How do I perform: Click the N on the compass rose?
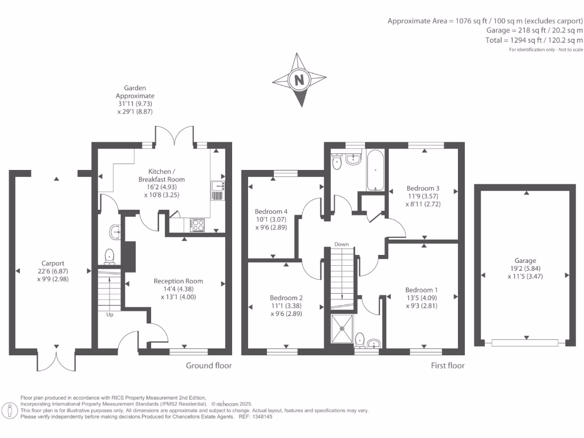[299, 79]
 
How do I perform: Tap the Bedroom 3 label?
[423, 188]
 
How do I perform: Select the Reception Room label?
[179, 281]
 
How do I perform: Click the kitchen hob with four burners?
[197, 225]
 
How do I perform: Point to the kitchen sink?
[217, 190]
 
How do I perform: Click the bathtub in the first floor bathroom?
[375, 171]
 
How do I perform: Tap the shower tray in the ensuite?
[342, 329]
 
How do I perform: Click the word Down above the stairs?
[342, 244]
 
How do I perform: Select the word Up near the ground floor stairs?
[110, 315]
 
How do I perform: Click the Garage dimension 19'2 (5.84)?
[525, 269]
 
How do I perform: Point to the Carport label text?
[53, 263]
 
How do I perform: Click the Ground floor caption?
[209, 366]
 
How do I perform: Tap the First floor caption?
[448, 366]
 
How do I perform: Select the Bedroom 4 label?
[271, 212]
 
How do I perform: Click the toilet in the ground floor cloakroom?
[109, 256]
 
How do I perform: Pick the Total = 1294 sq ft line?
[534, 40]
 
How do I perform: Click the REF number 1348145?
[262, 417]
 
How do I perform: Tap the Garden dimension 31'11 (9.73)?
[135, 104]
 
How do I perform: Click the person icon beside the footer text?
[9, 411]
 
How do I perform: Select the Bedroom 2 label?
[286, 298]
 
